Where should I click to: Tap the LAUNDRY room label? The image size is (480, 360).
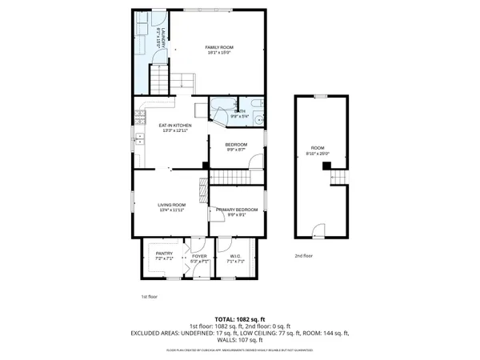coord(162,40)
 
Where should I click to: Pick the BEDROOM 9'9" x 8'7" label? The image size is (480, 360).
coord(236,146)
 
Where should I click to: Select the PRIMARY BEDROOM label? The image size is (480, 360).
coord(236,211)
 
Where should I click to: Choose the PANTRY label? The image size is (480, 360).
coord(164,256)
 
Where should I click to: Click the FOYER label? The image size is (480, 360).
coord(198,257)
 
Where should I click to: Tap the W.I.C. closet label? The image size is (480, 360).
coord(235,257)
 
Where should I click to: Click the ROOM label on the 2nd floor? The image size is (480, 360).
coord(318,150)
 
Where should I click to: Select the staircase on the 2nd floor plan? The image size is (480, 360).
coord(339,176)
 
